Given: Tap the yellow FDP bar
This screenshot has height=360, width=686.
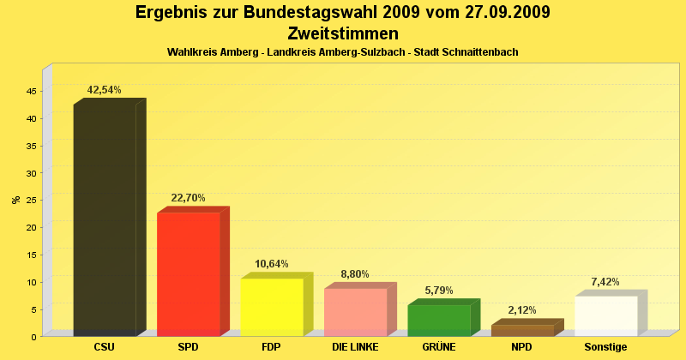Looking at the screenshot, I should coord(272,307).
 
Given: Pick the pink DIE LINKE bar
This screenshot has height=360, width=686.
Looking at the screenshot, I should coord(355,312).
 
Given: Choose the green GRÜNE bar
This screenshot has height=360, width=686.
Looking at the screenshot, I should coord(439,320).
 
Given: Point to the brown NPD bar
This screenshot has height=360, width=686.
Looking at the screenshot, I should coord(522,330).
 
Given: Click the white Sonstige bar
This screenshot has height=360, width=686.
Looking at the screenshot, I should coord(605,315).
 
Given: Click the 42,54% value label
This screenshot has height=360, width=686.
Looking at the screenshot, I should coord(105,90).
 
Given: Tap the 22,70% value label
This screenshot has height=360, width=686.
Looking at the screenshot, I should coord(189,198).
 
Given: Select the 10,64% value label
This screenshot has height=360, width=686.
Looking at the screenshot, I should coord(272,264).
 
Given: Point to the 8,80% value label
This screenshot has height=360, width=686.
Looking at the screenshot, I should coord(355,274).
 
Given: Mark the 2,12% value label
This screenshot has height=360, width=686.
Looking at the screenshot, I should coord(522,310).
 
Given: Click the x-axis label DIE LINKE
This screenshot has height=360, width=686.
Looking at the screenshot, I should coord(355,347).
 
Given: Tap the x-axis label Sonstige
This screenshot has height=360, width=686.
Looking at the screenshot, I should coord(605,347).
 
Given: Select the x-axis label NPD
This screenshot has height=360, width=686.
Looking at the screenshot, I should coord(522,347).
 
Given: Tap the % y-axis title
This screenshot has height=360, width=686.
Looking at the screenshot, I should coord(15,200).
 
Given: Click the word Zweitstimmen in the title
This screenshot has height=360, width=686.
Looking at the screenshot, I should coord(343,33).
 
